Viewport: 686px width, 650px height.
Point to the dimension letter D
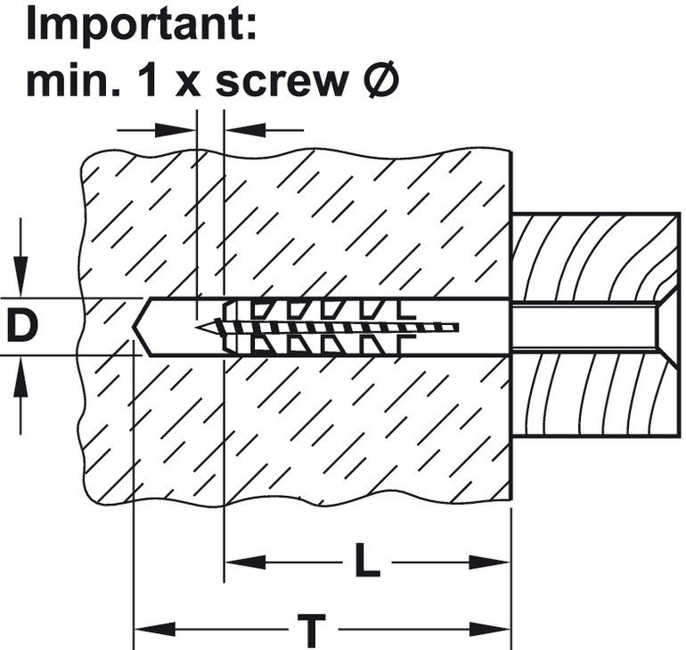click(21, 326)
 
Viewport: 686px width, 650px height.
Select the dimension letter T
click(312, 630)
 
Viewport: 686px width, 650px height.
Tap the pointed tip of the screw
click(198, 327)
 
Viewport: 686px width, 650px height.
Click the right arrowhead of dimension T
click(489, 630)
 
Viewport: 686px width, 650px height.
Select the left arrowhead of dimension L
click(245, 562)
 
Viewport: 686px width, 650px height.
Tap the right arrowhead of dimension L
click(489, 562)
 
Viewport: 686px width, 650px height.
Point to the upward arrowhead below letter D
click(20, 377)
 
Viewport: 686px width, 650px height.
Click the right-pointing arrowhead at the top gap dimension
click(176, 130)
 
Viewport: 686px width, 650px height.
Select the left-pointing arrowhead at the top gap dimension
click(245, 130)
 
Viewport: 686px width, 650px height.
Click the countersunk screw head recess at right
click(666, 327)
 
